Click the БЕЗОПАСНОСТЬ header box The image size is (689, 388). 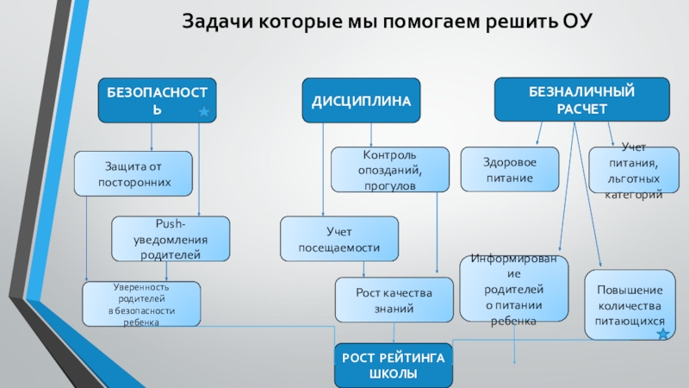(156, 100)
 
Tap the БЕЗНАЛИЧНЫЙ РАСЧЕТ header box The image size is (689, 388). (581, 99)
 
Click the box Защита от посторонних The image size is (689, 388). (132, 173)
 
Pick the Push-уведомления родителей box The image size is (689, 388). (171, 239)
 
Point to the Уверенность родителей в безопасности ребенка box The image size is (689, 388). (141, 304)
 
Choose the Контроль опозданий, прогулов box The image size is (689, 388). (390, 170)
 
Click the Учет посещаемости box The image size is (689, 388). (339, 239)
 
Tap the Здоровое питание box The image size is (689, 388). (508, 170)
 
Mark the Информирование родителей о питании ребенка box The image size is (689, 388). (514, 290)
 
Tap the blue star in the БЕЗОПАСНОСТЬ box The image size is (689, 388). (204, 113)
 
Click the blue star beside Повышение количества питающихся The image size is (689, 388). (662, 334)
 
